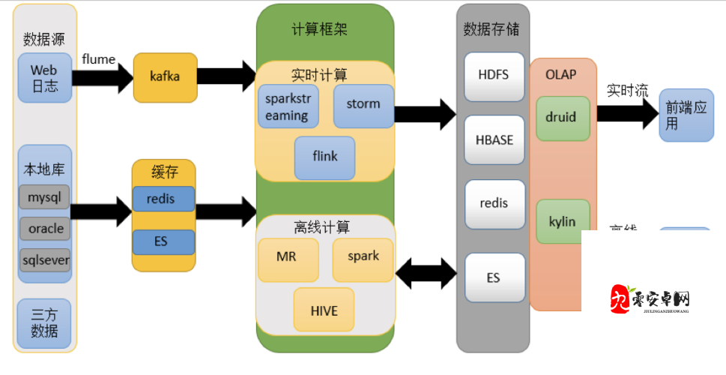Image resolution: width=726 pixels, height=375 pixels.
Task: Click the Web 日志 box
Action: (44, 78)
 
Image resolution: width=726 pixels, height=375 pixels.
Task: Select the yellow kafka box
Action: (165, 77)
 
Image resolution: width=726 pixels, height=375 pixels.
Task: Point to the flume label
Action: (98, 58)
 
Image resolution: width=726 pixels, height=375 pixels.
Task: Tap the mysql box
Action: (44, 198)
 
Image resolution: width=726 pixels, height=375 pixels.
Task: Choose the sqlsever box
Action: (44, 261)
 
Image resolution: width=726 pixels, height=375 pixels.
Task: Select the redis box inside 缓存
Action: (163, 199)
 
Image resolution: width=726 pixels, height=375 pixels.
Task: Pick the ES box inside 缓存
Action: (163, 241)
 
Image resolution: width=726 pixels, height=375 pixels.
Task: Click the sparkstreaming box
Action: (288, 107)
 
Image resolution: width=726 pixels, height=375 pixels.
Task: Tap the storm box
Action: (363, 105)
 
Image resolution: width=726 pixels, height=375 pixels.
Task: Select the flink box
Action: (324, 157)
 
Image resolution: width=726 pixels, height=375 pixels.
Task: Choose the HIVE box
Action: (324, 310)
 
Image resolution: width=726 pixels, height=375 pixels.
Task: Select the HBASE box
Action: (493, 140)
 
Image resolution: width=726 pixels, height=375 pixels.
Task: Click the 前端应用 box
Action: (686, 116)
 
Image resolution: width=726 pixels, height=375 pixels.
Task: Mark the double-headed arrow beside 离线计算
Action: (426, 273)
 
